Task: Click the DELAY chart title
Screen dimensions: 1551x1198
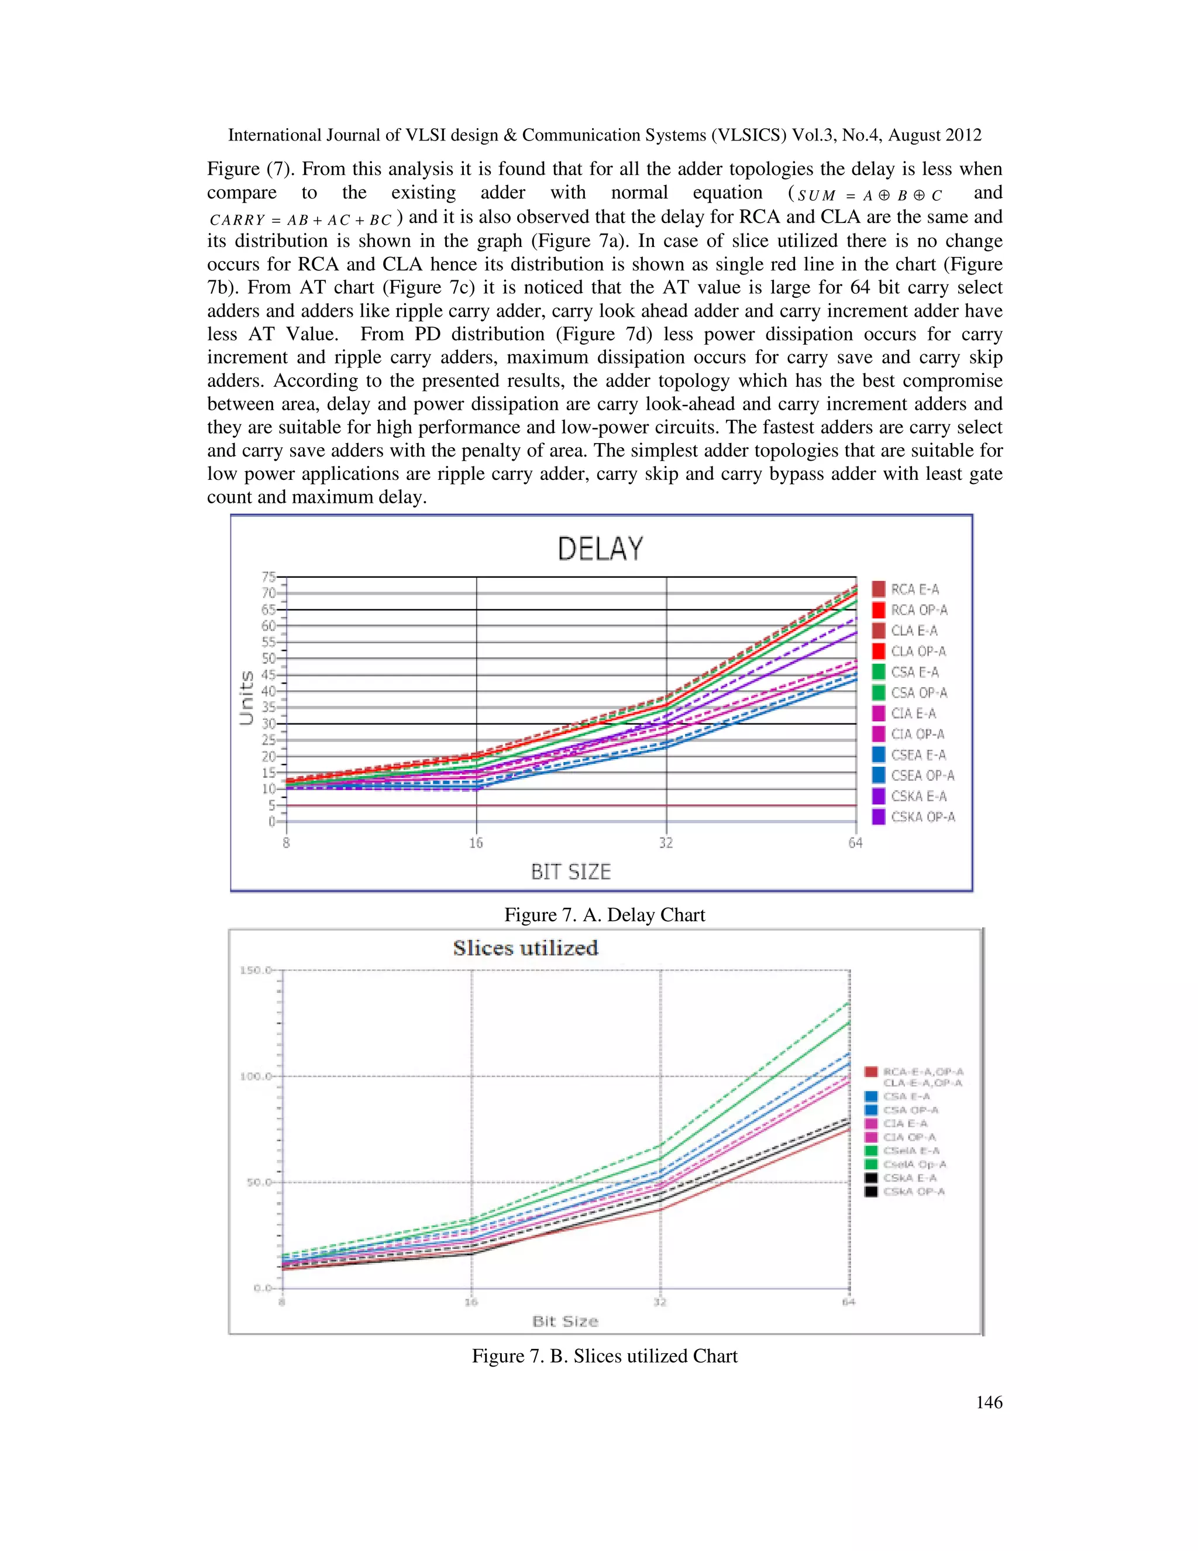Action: point(600,549)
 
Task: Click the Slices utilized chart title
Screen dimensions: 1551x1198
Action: point(525,948)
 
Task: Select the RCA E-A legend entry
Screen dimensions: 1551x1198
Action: point(914,589)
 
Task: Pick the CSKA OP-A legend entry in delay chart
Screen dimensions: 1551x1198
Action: point(922,818)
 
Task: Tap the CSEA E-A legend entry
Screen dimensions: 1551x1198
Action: point(918,755)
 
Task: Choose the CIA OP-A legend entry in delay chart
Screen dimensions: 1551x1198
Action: point(917,735)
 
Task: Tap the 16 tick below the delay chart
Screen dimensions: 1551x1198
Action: point(476,843)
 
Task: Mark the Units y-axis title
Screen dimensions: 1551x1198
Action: point(246,698)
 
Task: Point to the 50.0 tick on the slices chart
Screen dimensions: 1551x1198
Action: point(259,1182)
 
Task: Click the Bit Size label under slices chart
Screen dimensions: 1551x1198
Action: point(565,1322)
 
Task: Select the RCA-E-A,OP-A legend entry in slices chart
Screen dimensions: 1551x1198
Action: point(922,1072)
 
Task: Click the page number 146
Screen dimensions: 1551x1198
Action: point(989,1402)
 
